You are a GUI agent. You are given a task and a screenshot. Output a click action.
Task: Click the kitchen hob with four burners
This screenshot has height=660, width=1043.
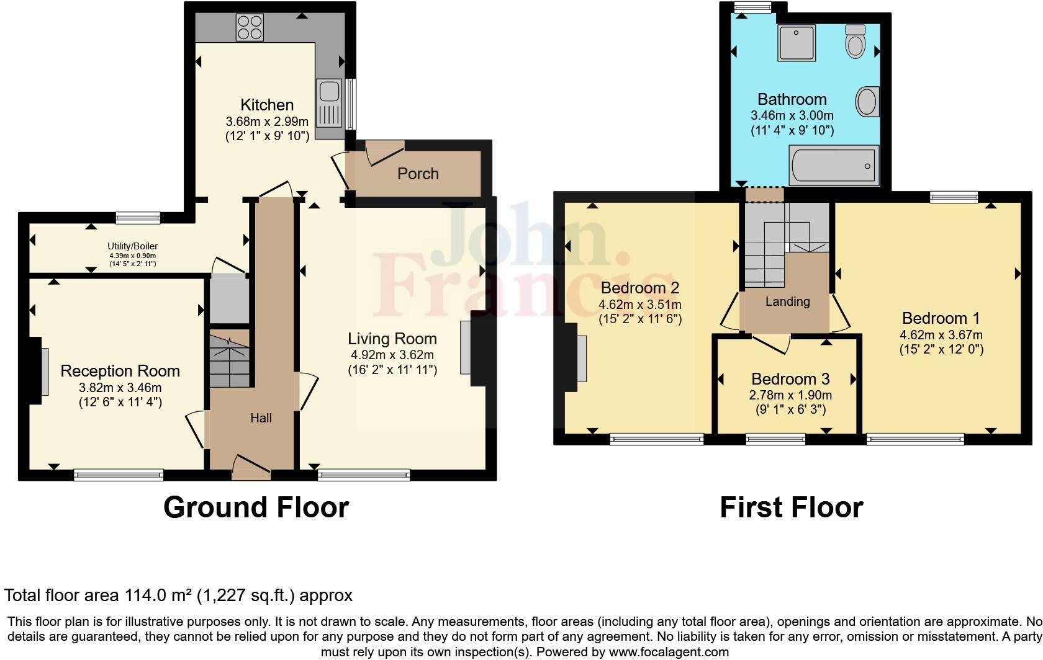point(250,27)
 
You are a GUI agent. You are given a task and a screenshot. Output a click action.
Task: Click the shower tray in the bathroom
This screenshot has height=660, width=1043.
point(796,43)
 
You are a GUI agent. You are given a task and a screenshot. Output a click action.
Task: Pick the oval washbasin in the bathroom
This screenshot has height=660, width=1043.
point(867,102)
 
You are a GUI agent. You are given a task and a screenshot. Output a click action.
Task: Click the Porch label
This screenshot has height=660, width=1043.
point(418,174)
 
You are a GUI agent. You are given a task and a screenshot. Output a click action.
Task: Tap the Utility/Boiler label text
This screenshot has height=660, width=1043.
point(133,246)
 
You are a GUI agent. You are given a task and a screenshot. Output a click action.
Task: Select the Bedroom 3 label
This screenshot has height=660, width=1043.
point(790,379)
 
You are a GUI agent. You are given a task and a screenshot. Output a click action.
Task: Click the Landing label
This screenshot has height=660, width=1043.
point(787,302)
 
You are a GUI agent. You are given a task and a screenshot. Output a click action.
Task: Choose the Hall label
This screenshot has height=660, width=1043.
point(261,418)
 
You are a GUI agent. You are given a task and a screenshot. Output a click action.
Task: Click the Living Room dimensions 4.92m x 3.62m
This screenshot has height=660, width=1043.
point(392,355)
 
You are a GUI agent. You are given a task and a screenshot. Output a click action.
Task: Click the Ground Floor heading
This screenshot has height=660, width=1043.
point(256,507)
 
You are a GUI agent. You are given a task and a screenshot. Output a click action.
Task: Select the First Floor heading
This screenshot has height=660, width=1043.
point(791,507)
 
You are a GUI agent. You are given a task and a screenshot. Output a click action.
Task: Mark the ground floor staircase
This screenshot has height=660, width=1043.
point(229,359)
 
